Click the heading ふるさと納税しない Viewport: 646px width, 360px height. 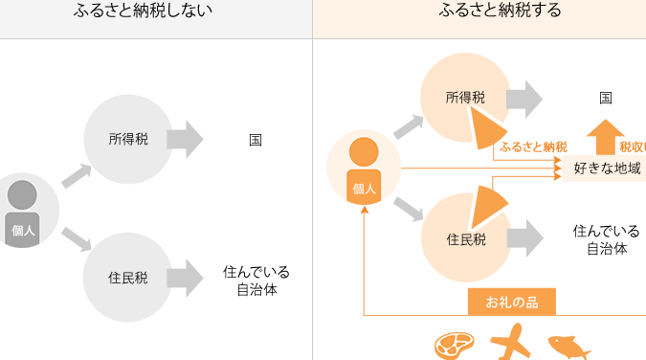pyautogui.click(x=143, y=10)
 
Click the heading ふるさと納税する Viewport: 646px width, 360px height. pyautogui.click(x=500, y=10)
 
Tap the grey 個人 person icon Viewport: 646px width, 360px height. pyautogui.click(x=22, y=214)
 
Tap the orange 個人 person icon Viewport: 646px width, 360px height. pyautogui.click(x=364, y=170)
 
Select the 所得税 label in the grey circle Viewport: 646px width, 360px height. pyautogui.click(x=128, y=139)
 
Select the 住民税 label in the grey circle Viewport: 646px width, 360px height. pyautogui.click(x=127, y=278)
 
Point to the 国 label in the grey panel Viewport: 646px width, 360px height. pyautogui.click(x=256, y=140)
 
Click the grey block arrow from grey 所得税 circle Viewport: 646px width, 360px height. pyautogui.click(x=185, y=140)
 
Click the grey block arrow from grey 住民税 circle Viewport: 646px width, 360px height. pyautogui.click(x=185, y=279)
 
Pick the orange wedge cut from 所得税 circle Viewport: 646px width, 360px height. pyautogui.click(x=486, y=128)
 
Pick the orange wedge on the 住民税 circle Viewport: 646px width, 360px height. pyautogui.click(x=488, y=207)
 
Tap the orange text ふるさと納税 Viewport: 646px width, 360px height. pyautogui.click(x=533, y=146)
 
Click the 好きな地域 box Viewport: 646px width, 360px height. pyautogui.click(x=605, y=169)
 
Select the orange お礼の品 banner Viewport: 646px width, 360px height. pyautogui.click(x=512, y=302)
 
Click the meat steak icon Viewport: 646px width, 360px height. pyautogui.click(x=454, y=346)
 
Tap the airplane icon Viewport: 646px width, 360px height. pyautogui.click(x=511, y=342)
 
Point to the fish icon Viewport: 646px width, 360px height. pyautogui.click(x=568, y=347)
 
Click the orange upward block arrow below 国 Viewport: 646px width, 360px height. pyautogui.click(x=605, y=137)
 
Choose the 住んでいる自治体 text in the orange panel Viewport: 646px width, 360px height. pyautogui.click(x=607, y=239)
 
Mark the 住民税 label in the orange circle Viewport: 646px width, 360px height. pyautogui.click(x=466, y=239)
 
